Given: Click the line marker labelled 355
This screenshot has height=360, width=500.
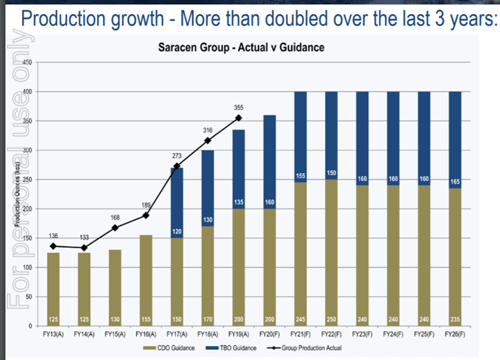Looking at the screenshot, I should [238, 118].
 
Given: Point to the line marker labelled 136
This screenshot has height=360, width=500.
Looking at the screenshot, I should [53, 246].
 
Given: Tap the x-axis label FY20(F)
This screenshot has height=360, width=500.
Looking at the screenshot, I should [270, 333].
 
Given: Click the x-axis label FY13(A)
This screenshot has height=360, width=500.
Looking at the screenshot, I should [53, 333].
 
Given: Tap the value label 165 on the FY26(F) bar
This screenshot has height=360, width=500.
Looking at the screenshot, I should [455, 181].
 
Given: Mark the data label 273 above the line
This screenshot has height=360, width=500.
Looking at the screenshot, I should [177, 156].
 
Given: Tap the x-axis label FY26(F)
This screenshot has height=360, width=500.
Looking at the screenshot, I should [455, 333].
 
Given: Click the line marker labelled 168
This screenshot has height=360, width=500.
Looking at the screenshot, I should [116, 228].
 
